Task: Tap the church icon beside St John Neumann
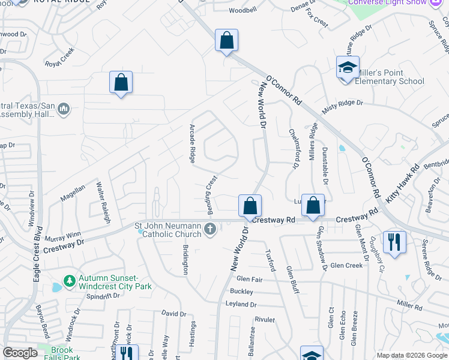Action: [210, 229]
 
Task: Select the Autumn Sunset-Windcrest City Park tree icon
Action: [70, 281]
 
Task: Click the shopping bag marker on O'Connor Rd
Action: [226, 41]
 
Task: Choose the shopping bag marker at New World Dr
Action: [250, 206]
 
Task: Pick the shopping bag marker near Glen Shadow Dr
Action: [313, 206]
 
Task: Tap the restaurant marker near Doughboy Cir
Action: [394, 242]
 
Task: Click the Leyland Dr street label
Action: [241, 304]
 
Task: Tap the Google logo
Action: [20, 353]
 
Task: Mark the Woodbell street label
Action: [243, 10]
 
